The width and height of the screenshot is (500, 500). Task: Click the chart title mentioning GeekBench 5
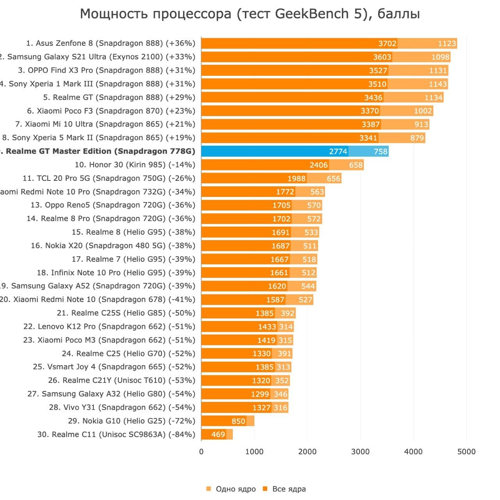(250, 14)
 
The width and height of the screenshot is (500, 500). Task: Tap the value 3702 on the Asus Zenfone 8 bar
(387, 43)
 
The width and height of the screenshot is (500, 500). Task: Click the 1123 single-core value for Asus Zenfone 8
(447, 43)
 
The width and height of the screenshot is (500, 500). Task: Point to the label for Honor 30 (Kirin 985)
(135, 165)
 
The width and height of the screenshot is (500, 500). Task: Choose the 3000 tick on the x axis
(360, 452)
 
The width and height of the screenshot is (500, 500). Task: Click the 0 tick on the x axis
(201, 452)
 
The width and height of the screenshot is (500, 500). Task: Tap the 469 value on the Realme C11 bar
(218, 434)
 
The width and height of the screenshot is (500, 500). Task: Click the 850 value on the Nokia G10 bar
(238, 421)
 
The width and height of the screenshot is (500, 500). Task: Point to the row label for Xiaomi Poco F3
(111, 111)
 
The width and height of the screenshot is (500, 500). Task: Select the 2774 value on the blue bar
(338, 152)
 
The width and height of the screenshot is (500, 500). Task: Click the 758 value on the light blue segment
(380, 152)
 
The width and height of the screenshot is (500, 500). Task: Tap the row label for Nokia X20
(113, 246)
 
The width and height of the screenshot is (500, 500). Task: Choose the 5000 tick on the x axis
(466, 452)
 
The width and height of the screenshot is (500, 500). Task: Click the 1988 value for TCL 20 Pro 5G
(296, 179)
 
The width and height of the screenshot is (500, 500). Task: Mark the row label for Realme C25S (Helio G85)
(126, 313)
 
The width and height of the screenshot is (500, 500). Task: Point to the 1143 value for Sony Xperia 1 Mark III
(437, 84)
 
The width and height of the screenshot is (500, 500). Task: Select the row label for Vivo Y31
(122, 407)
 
